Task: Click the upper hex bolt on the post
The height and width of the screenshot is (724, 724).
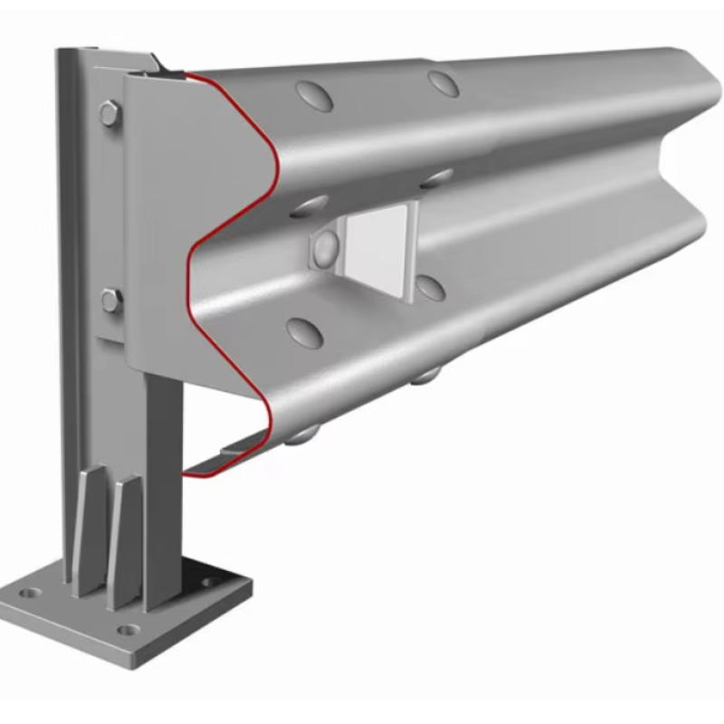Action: (110, 114)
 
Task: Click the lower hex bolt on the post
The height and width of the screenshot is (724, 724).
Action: (111, 300)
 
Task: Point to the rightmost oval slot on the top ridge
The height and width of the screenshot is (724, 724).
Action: (443, 83)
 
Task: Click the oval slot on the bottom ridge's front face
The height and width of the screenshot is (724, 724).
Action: (304, 333)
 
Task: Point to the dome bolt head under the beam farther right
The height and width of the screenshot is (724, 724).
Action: (425, 375)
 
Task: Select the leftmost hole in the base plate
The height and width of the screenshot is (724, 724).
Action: (32, 594)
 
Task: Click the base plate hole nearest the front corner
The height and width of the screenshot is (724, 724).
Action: (129, 629)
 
